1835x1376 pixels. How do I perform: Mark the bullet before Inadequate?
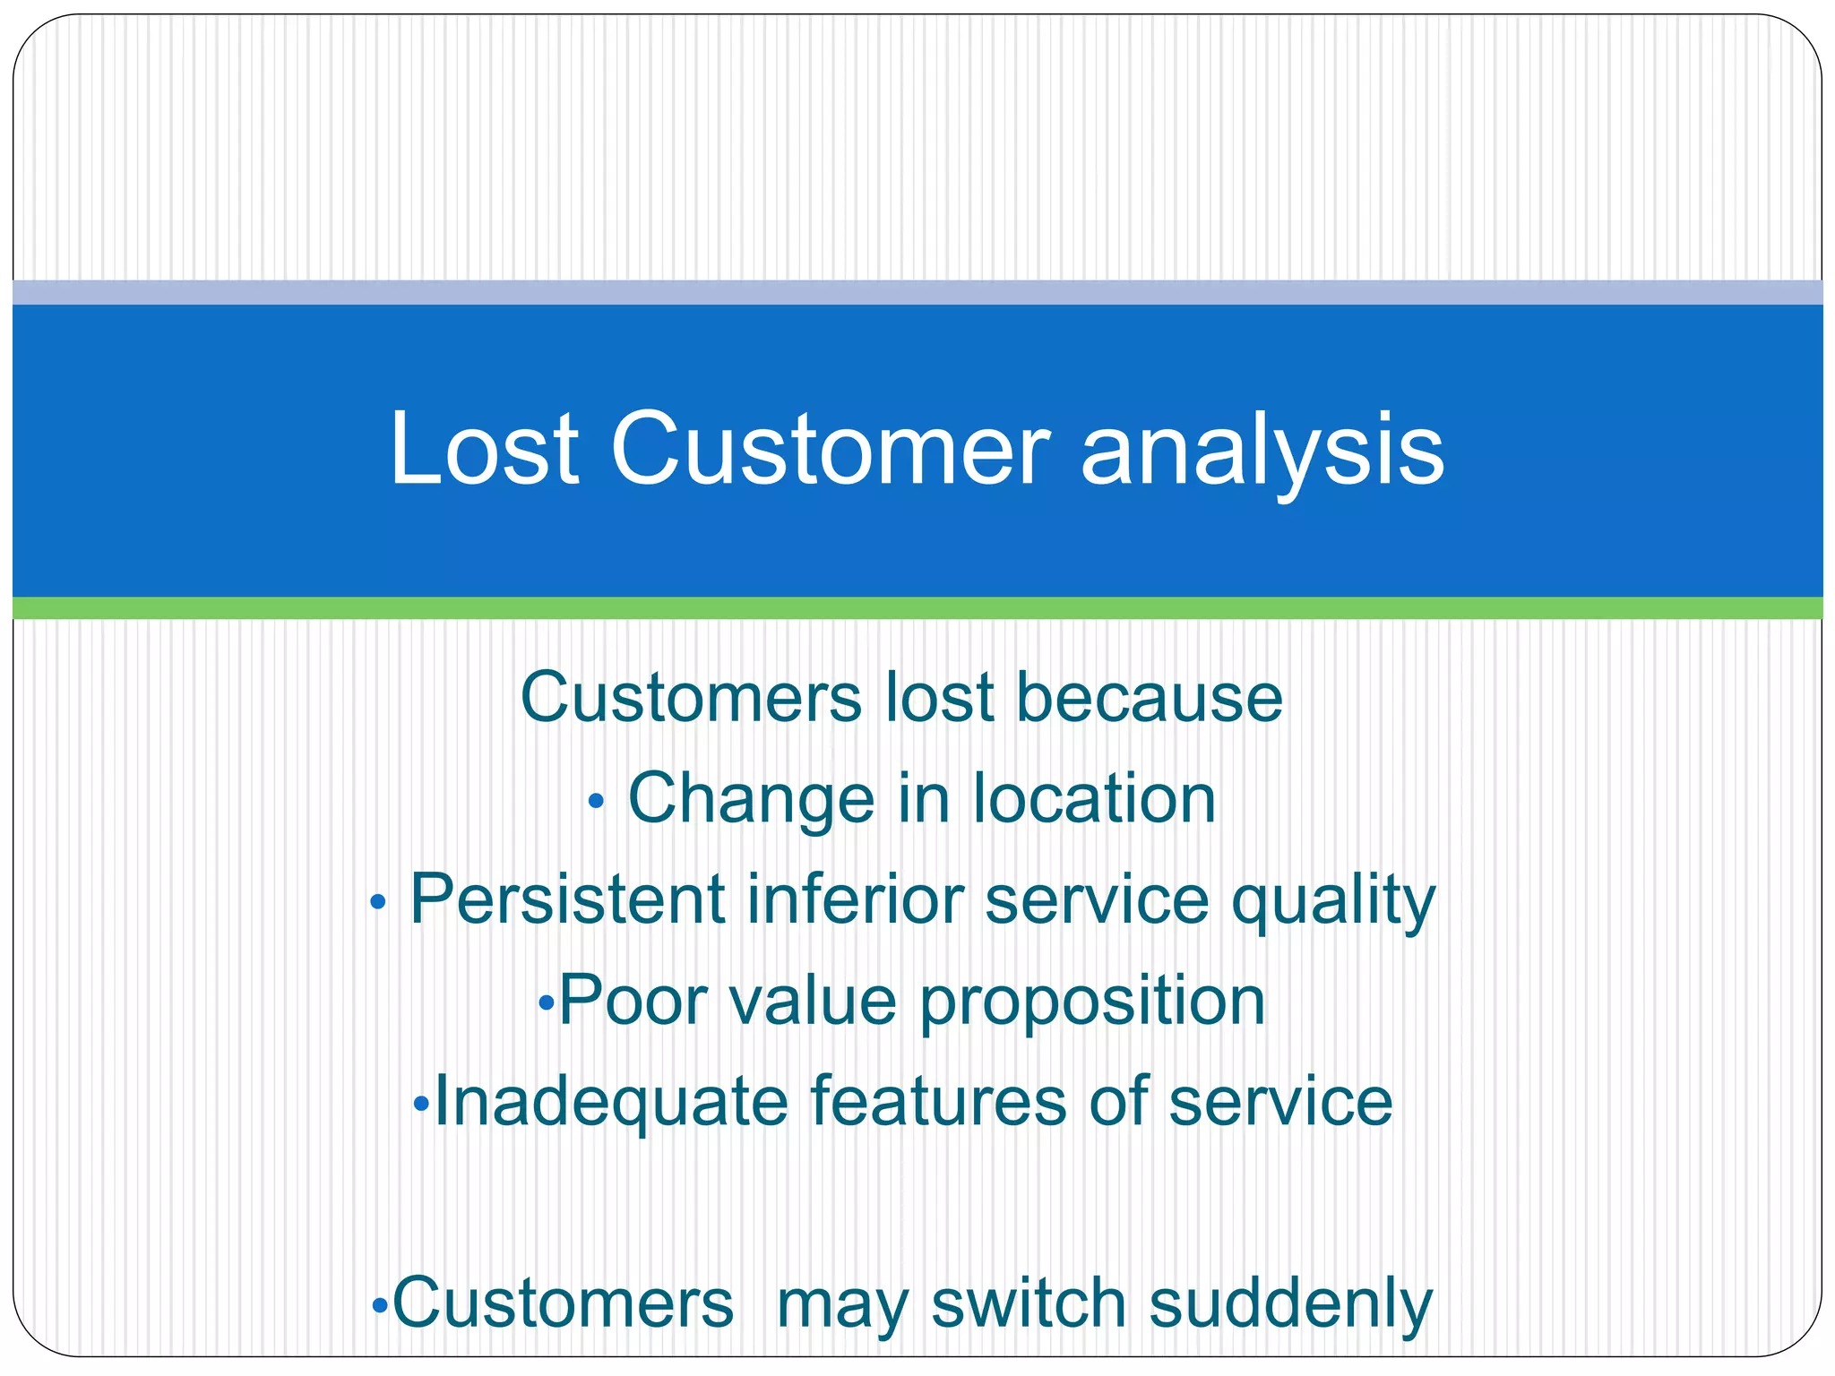[x=422, y=1104]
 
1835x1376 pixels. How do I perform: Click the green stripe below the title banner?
[x=917, y=607]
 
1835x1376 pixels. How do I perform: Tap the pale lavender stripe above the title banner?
[x=917, y=292]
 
